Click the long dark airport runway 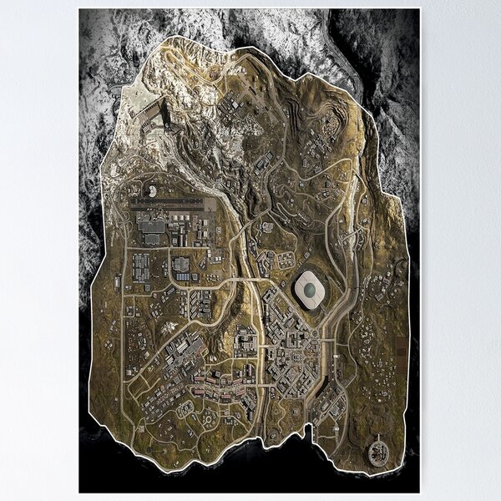pos(167,201)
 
